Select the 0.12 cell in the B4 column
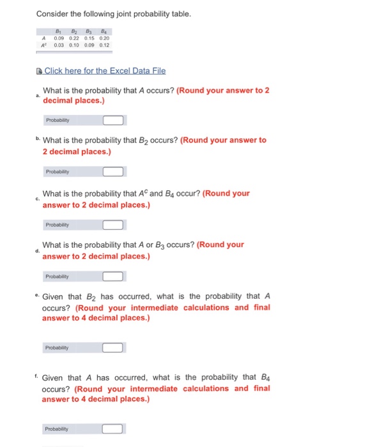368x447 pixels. click(x=104, y=45)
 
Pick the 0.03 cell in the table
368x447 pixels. click(x=59, y=45)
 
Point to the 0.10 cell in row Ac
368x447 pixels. click(x=75, y=45)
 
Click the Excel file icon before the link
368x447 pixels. click(x=40, y=72)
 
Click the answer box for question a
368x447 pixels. click(x=113, y=120)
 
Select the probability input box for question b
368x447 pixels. click(x=113, y=171)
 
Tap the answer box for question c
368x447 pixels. click(x=113, y=225)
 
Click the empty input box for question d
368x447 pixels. click(x=113, y=277)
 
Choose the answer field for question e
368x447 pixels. click(x=113, y=348)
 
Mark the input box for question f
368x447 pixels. click(x=113, y=428)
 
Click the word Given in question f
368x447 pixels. click(x=54, y=377)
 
